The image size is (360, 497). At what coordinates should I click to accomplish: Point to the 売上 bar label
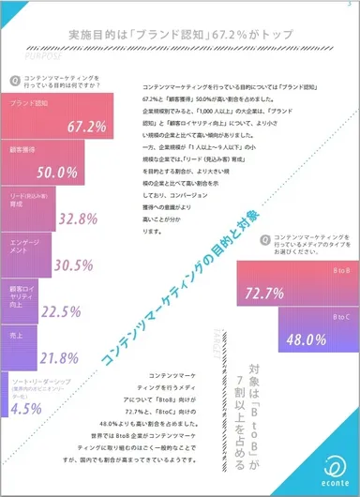(19, 333)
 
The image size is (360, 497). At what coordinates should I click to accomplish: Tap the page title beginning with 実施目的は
(179, 33)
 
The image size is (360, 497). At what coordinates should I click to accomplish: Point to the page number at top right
(348, 5)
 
